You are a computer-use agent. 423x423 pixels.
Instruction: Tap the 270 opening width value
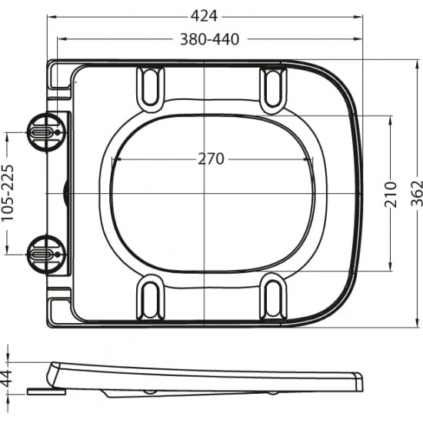point(210,159)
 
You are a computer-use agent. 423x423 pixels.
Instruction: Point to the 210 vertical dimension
point(390,194)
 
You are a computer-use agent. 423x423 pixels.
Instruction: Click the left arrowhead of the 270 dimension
point(115,159)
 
